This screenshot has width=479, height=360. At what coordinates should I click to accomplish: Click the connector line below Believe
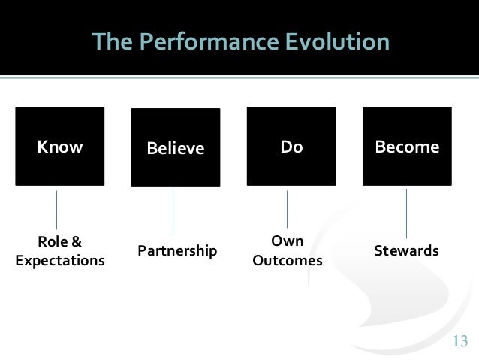[x=173, y=212]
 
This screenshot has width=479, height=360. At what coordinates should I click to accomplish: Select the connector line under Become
[x=406, y=213]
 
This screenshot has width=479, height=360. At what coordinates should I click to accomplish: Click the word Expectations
[x=60, y=261]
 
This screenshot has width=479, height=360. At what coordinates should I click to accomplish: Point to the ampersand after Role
[x=76, y=242]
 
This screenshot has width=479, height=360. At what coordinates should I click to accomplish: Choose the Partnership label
[x=177, y=251]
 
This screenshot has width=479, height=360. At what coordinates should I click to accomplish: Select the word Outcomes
[x=288, y=261]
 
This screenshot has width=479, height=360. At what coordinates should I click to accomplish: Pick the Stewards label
[x=406, y=251]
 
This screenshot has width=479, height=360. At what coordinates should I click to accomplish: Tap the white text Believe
[x=176, y=148]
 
